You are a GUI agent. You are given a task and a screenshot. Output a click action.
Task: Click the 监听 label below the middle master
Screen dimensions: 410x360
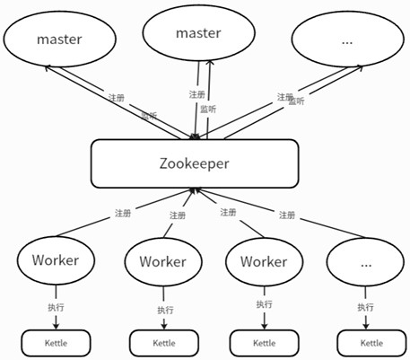tap(208, 109)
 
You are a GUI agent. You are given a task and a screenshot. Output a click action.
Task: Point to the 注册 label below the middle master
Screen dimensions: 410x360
tap(196, 94)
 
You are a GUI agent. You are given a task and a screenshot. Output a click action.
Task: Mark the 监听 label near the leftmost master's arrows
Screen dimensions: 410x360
tap(149, 116)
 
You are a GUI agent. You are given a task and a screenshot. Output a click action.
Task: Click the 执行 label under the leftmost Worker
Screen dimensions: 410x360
tap(56, 307)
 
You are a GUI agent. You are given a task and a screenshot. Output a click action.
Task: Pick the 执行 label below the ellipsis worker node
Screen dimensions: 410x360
tap(365, 307)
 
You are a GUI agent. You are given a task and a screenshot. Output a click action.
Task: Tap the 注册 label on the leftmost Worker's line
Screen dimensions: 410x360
tap(123, 213)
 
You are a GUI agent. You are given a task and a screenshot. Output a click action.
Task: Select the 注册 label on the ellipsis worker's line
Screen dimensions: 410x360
tap(287, 215)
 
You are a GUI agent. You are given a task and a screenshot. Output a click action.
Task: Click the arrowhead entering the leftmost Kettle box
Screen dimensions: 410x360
tap(56, 326)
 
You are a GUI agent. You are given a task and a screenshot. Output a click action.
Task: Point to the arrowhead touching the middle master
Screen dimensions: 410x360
tap(210, 63)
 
